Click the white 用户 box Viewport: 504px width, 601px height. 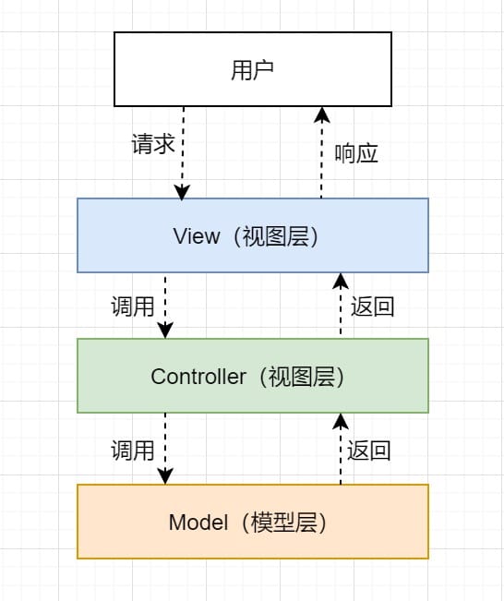coord(252,69)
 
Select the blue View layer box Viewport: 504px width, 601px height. coord(252,235)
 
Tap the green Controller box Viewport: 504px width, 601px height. coord(252,375)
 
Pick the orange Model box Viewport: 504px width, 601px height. coord(252,522)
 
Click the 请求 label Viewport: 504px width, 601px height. coord(152,145)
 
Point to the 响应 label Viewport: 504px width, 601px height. coord(356,153)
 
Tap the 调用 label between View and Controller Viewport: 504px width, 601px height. coord(133,307)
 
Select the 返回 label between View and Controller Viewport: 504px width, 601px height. coord(373,307)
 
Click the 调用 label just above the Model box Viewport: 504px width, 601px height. coord(133,451)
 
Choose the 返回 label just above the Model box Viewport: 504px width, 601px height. coord(369,451)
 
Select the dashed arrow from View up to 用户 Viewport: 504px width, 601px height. coord(321,152)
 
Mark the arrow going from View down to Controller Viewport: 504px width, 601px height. coord(165,306)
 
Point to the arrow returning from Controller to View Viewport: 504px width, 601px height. coord(340,306)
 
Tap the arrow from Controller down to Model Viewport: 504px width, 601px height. coord(165,449)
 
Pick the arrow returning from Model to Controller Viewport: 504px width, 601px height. coord(340,449)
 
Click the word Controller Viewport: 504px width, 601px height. coord(198,377)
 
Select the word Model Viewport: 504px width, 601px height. coord(198,523)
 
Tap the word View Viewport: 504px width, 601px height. coord(197,236)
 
